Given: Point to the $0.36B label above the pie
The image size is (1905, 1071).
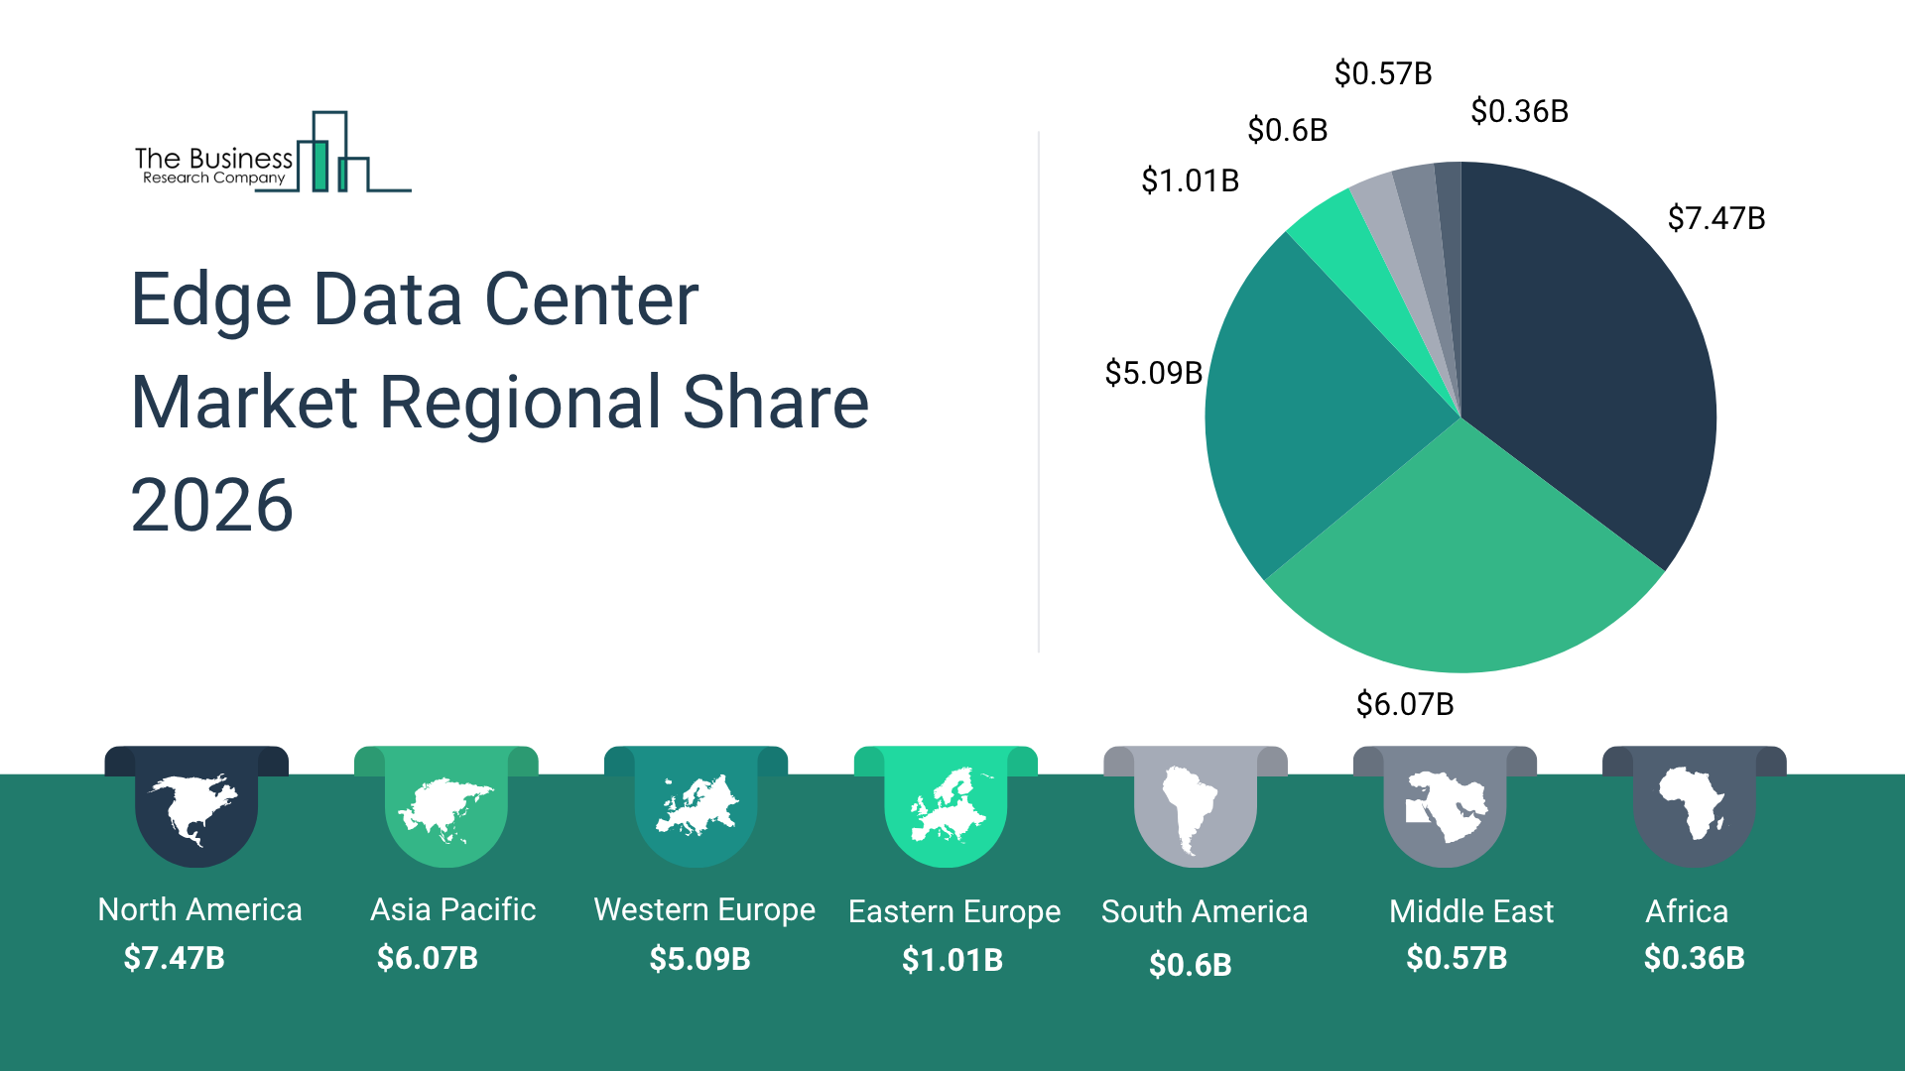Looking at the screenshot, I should click(x=1519, y=111).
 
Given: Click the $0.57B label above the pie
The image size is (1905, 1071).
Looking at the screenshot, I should click(x=1383, y=73).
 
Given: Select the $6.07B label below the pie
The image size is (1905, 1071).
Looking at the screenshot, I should click(x=1405, y=704).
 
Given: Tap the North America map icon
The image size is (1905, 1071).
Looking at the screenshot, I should click(x=195, y=809).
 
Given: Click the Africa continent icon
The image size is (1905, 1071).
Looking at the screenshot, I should click(x=1693, y=803).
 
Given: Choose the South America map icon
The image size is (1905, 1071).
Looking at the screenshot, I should click(x=1191, y=809).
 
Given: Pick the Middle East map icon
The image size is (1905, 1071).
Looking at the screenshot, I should click(x=1445, y=805).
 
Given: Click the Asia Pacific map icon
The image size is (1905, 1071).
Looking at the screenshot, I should click(x=445, y=809).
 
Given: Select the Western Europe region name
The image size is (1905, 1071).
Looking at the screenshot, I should click(x=704, y=909).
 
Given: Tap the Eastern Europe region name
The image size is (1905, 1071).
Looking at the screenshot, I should click(x=954, y=911).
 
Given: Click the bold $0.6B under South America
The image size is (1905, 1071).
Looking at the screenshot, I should click(x=1191, y=964).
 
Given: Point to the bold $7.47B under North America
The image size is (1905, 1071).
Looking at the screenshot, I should click(x=175, y=958).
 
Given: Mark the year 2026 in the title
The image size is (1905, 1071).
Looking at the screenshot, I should click(x=211, y=505).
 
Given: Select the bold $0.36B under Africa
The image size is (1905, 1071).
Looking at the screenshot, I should click(x=1695, y=958).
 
